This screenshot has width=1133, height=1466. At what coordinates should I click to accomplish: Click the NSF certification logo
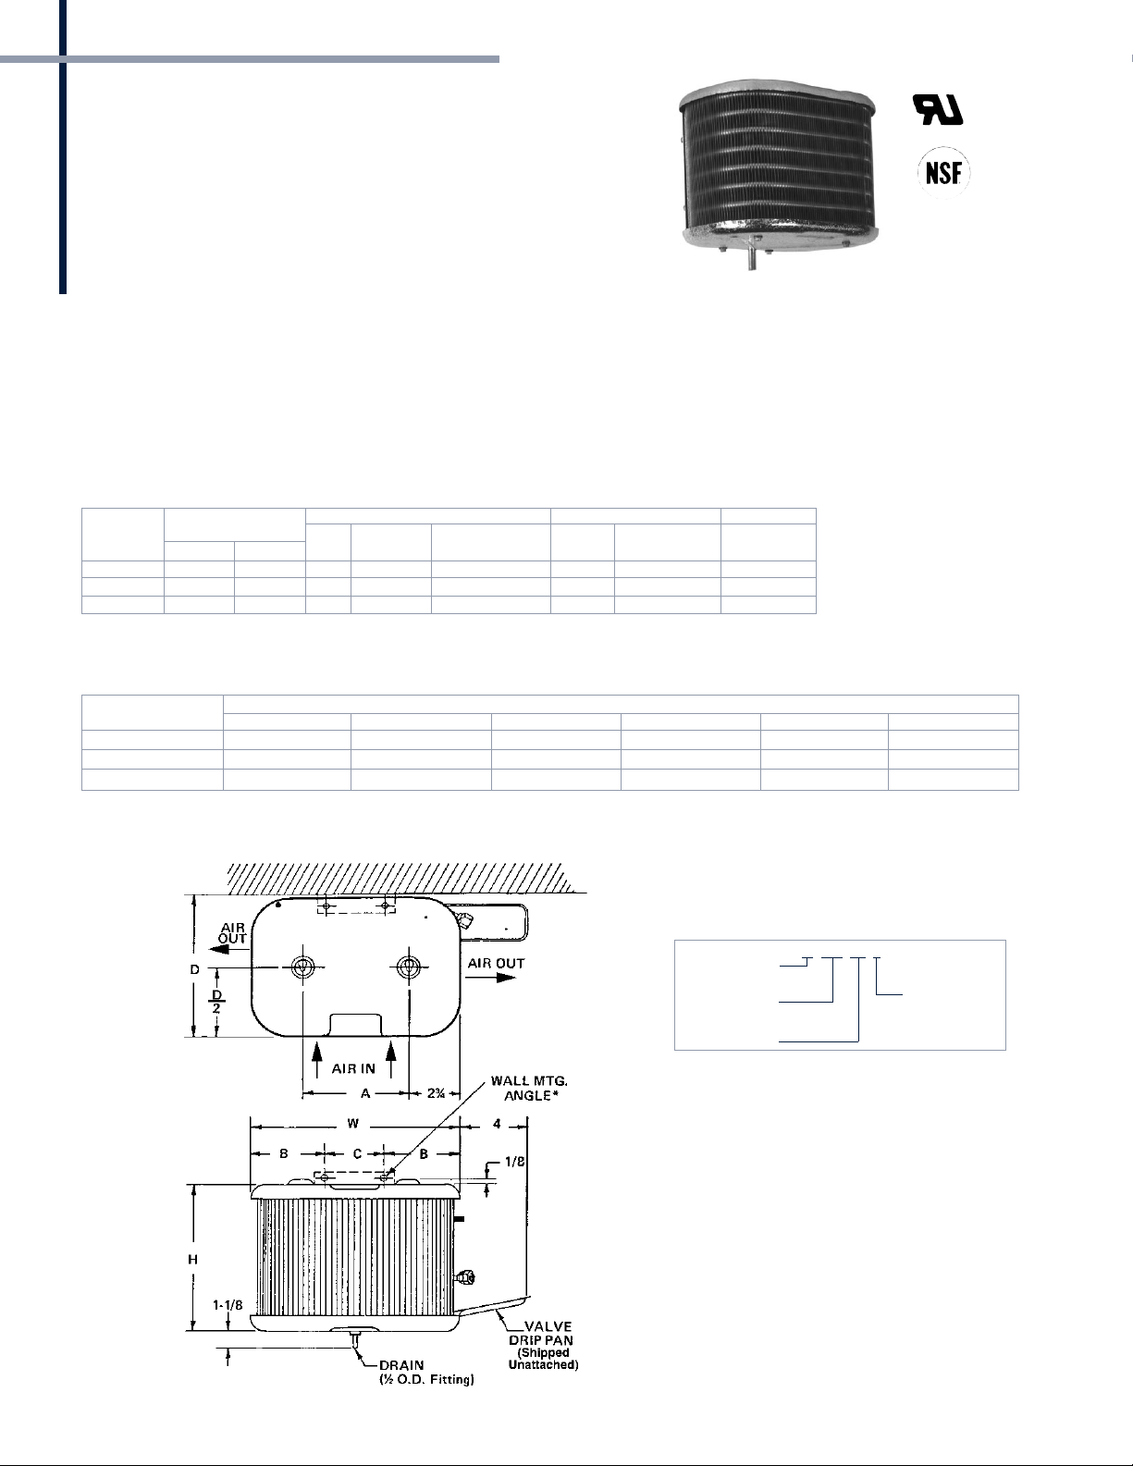943,173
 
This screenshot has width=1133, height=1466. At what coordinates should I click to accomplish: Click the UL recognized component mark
938,109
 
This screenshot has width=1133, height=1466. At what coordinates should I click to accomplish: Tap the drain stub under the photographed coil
752,260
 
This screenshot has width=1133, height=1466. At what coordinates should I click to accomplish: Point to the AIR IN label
353,1068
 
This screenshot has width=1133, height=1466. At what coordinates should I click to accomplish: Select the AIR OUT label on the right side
496,964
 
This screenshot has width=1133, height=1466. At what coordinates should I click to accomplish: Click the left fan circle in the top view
302,967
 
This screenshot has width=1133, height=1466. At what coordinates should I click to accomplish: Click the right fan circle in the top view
408,967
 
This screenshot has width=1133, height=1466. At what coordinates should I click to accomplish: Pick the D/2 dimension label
217,1001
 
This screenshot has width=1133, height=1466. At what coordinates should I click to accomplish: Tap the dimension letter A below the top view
365,1093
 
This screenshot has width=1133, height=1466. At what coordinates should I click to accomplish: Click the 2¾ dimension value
436,1093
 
